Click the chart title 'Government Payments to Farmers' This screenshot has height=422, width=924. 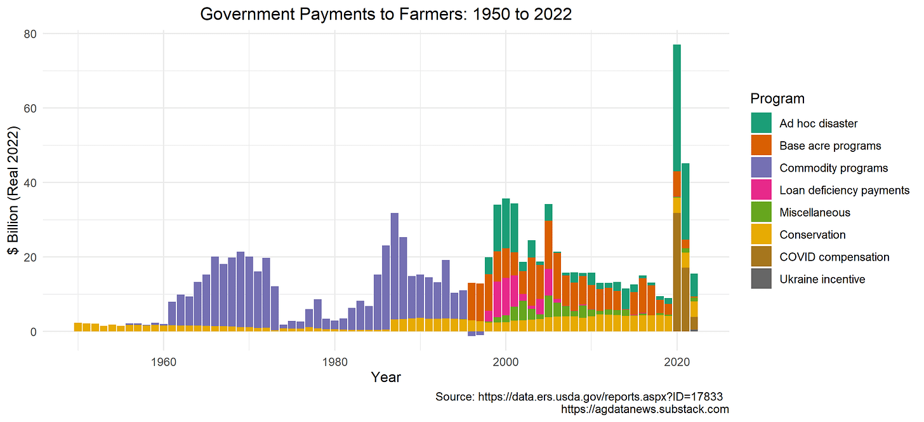point(386,14)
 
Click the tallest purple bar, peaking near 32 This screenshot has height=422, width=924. point(395,267)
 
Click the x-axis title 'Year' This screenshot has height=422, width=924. point(386,377)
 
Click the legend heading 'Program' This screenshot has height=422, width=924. point(777,99)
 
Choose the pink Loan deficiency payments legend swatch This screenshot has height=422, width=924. point(762,190)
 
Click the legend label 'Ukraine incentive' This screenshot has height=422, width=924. point(822,279)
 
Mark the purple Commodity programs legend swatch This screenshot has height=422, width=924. point(762,168)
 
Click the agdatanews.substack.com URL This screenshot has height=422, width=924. point(645,410)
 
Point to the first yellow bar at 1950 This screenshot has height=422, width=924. point(78,327)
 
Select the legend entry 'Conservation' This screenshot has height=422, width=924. point(812,235)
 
